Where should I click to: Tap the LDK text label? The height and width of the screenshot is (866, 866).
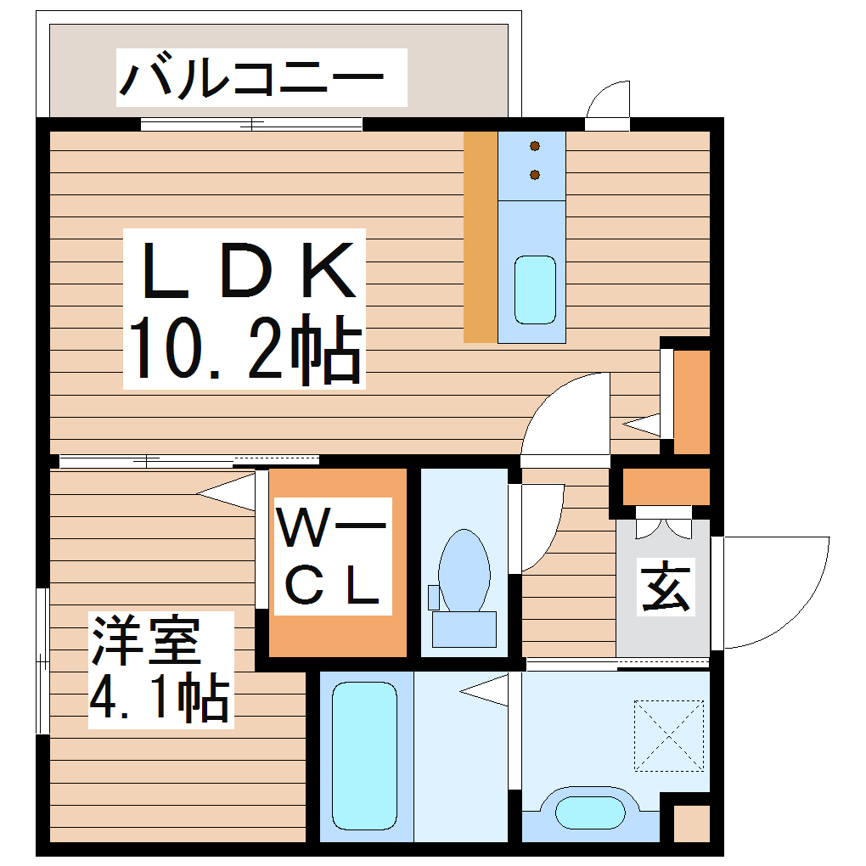click(246, 270)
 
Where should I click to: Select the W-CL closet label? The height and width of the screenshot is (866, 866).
click(329, 557)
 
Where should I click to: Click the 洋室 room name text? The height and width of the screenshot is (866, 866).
click(146, 642)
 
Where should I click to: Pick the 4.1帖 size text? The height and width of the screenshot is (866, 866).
click(160, 699)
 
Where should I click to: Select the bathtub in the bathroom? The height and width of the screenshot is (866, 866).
click(364, 756)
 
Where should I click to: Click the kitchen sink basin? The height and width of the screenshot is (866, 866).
click(535, 289)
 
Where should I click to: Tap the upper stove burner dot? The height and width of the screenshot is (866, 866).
click(535, 147)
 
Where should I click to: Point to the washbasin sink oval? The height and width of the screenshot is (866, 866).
click(592, 812)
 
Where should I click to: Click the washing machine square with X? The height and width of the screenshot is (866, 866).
click(669, 735)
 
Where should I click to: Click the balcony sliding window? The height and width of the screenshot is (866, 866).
click(251, 124)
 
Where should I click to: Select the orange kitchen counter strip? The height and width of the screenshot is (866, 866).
click(481, 237)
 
